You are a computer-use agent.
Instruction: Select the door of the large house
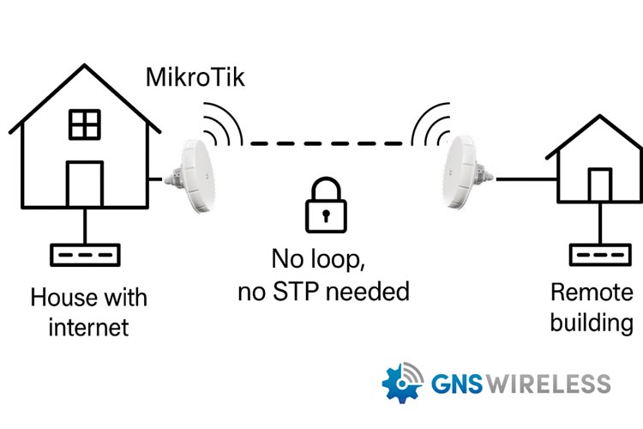coord(85,184)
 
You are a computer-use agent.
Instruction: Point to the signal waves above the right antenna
coord(430,125)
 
